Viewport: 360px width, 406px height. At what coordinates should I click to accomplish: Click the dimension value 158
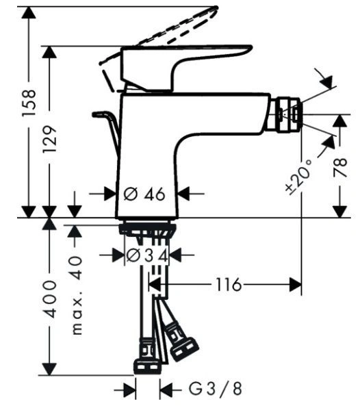pyautogui.click(x=29, y=103)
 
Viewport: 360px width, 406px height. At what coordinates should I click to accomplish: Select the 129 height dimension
pyautogui.click(x=50, y=139)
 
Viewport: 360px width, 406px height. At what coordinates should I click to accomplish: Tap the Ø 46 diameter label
pyautogui.click(x=144, y=194)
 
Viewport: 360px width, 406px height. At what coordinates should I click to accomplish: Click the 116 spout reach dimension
pyautogui.click(x=229, y=285)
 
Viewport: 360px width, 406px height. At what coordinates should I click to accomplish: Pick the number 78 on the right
pyautogui.click(x=339, y=168)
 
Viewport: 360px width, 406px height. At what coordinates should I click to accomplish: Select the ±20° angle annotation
pyautogui.click(x=300, y=177)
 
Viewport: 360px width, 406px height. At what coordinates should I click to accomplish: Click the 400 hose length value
pyautogui.click(x=49, y=299)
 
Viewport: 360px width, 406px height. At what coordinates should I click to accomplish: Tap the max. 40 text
pyautogui.click(x=77, y=295)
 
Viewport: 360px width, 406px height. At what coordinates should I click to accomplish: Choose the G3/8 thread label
pyautogui.click(x=216, y=388)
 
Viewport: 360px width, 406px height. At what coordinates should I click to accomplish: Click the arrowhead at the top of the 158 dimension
pyautogui.click(x=29, y=12)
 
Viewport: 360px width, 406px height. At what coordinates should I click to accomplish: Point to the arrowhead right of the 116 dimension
pyautogui.click(x=296, y=285)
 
